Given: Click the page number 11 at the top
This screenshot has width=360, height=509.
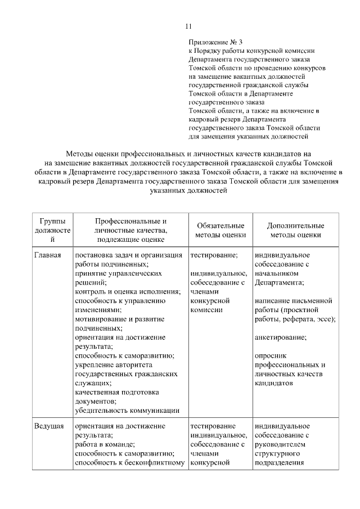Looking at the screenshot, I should [x=188, y=26].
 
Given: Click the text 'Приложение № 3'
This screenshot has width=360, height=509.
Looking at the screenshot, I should [x=215, y=42].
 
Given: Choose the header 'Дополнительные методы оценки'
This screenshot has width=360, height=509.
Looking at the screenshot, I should [x=295, y=231].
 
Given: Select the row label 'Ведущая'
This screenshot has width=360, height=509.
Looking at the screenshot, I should [x=48, y=427].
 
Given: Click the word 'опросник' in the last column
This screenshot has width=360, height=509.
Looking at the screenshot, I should [x=271, y=355].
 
